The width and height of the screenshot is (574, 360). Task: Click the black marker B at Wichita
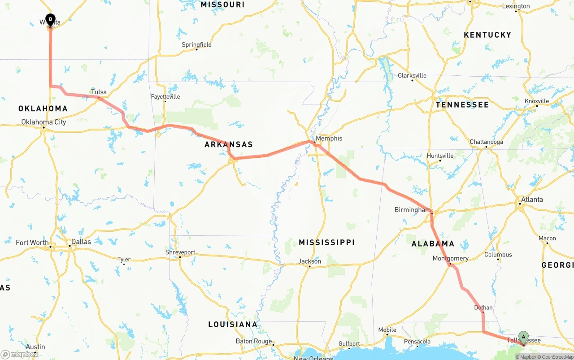(50, 20)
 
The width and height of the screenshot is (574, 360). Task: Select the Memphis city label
(329, 139)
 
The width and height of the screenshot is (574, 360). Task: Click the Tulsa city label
(99, 92)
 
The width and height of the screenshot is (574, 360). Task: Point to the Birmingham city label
(412, 210)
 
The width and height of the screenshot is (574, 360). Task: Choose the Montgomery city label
(450, 259)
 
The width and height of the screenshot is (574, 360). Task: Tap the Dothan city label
(483, 308)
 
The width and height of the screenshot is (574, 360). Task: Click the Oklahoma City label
(43, 122)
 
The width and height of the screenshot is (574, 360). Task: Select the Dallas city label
(81, 242)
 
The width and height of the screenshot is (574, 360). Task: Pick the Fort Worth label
(32, 243)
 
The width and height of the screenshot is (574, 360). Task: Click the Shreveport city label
(180, 252)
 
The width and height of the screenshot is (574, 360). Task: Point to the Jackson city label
(309, 261)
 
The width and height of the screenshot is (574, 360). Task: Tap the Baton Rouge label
(254, 341)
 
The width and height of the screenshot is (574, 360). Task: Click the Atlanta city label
(532, 200)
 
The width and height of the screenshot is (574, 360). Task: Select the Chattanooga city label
(486, 142)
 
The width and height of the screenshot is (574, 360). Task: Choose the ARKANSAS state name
(229, 144)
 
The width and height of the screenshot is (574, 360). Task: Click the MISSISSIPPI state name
(326, 243)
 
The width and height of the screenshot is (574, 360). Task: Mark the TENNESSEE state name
(462, 104)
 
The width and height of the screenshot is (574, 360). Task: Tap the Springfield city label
(196, 45)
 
